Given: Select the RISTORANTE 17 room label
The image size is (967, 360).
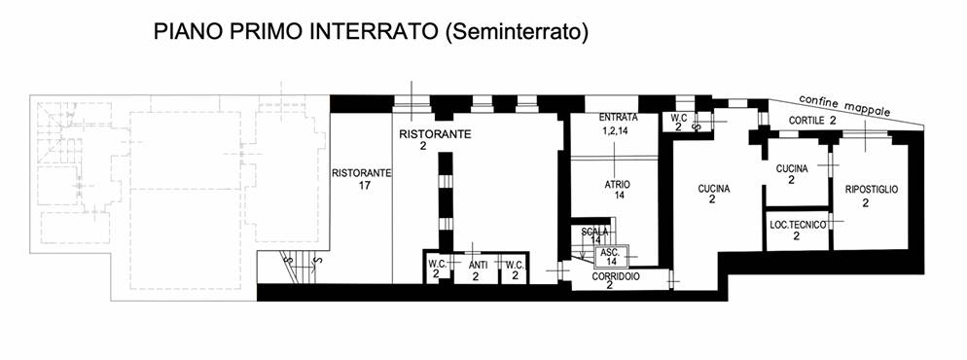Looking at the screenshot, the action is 362,179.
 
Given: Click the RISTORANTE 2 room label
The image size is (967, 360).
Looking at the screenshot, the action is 436,139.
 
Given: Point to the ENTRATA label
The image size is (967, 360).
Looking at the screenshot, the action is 618,117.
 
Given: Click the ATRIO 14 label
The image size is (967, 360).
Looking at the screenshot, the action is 618,190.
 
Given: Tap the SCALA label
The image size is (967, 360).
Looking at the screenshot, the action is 594,232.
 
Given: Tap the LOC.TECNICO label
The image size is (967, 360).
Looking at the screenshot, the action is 798,226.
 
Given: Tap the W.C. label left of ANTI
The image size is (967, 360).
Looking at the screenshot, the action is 437,265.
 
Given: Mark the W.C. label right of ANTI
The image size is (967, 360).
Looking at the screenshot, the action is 515,265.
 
